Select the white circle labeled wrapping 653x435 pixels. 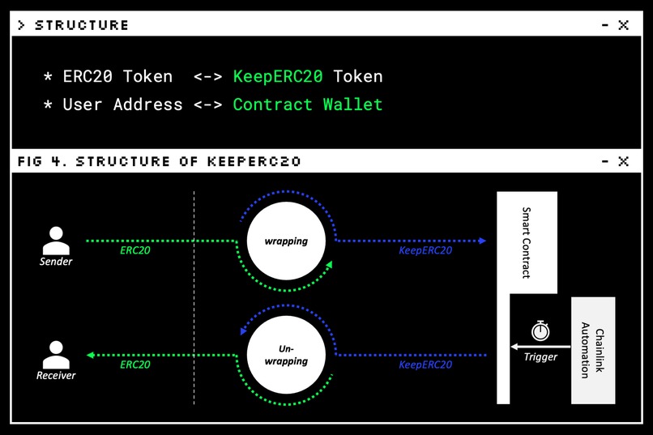(x=286, y=241)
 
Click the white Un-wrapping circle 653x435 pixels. (x=286, y=356)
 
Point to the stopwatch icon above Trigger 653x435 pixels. (x=540, y=331)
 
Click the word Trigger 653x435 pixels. (x=540, y=357)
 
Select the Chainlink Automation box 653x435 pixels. (x=593, y=350)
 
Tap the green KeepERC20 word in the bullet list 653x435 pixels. (x=278, y=77)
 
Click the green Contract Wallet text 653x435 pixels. (x=307, y=104)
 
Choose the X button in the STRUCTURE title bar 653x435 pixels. (x=623, y=25)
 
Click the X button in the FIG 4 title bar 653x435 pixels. (x=623, y=161)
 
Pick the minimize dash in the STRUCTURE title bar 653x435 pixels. (x=604, y=25)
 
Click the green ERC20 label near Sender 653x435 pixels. (x=134, y=251)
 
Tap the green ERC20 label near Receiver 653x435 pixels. (x=134, y=365)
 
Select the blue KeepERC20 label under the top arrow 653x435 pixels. (x=425, y=251)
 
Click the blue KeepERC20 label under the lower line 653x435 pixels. (x=425, y=365)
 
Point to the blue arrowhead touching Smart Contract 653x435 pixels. (x=482, y=241)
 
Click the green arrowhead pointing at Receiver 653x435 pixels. (x=90, y=355)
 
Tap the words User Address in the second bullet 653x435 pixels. (x=122, y=104)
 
